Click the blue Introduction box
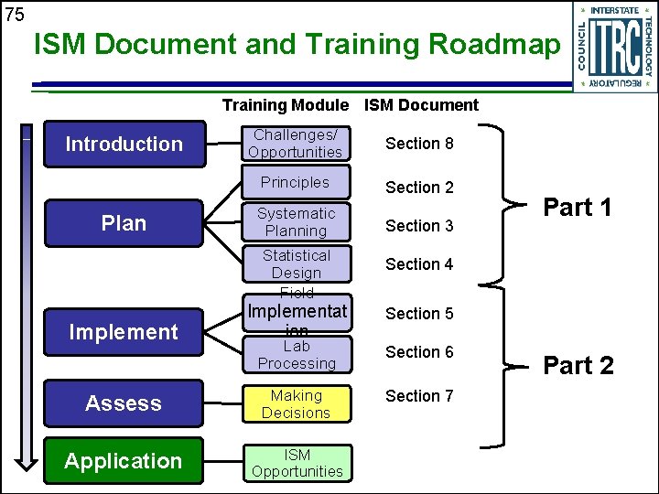[124, 144]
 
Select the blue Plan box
[124, 223]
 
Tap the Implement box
[124, 332]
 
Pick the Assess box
[124, 403]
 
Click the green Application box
[124, 461]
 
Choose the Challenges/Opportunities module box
[296, 144]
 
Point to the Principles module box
[296, 183]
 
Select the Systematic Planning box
[296, 222]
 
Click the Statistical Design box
[296, 264]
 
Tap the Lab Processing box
[296, 355]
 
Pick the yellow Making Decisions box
[296, 404]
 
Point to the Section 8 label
[419, 144]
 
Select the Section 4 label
[419, 264]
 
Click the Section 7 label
[419, 396]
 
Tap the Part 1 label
[578, 208]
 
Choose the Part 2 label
[578, 366]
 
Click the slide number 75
[15, 15]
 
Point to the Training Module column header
[285, 105]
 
